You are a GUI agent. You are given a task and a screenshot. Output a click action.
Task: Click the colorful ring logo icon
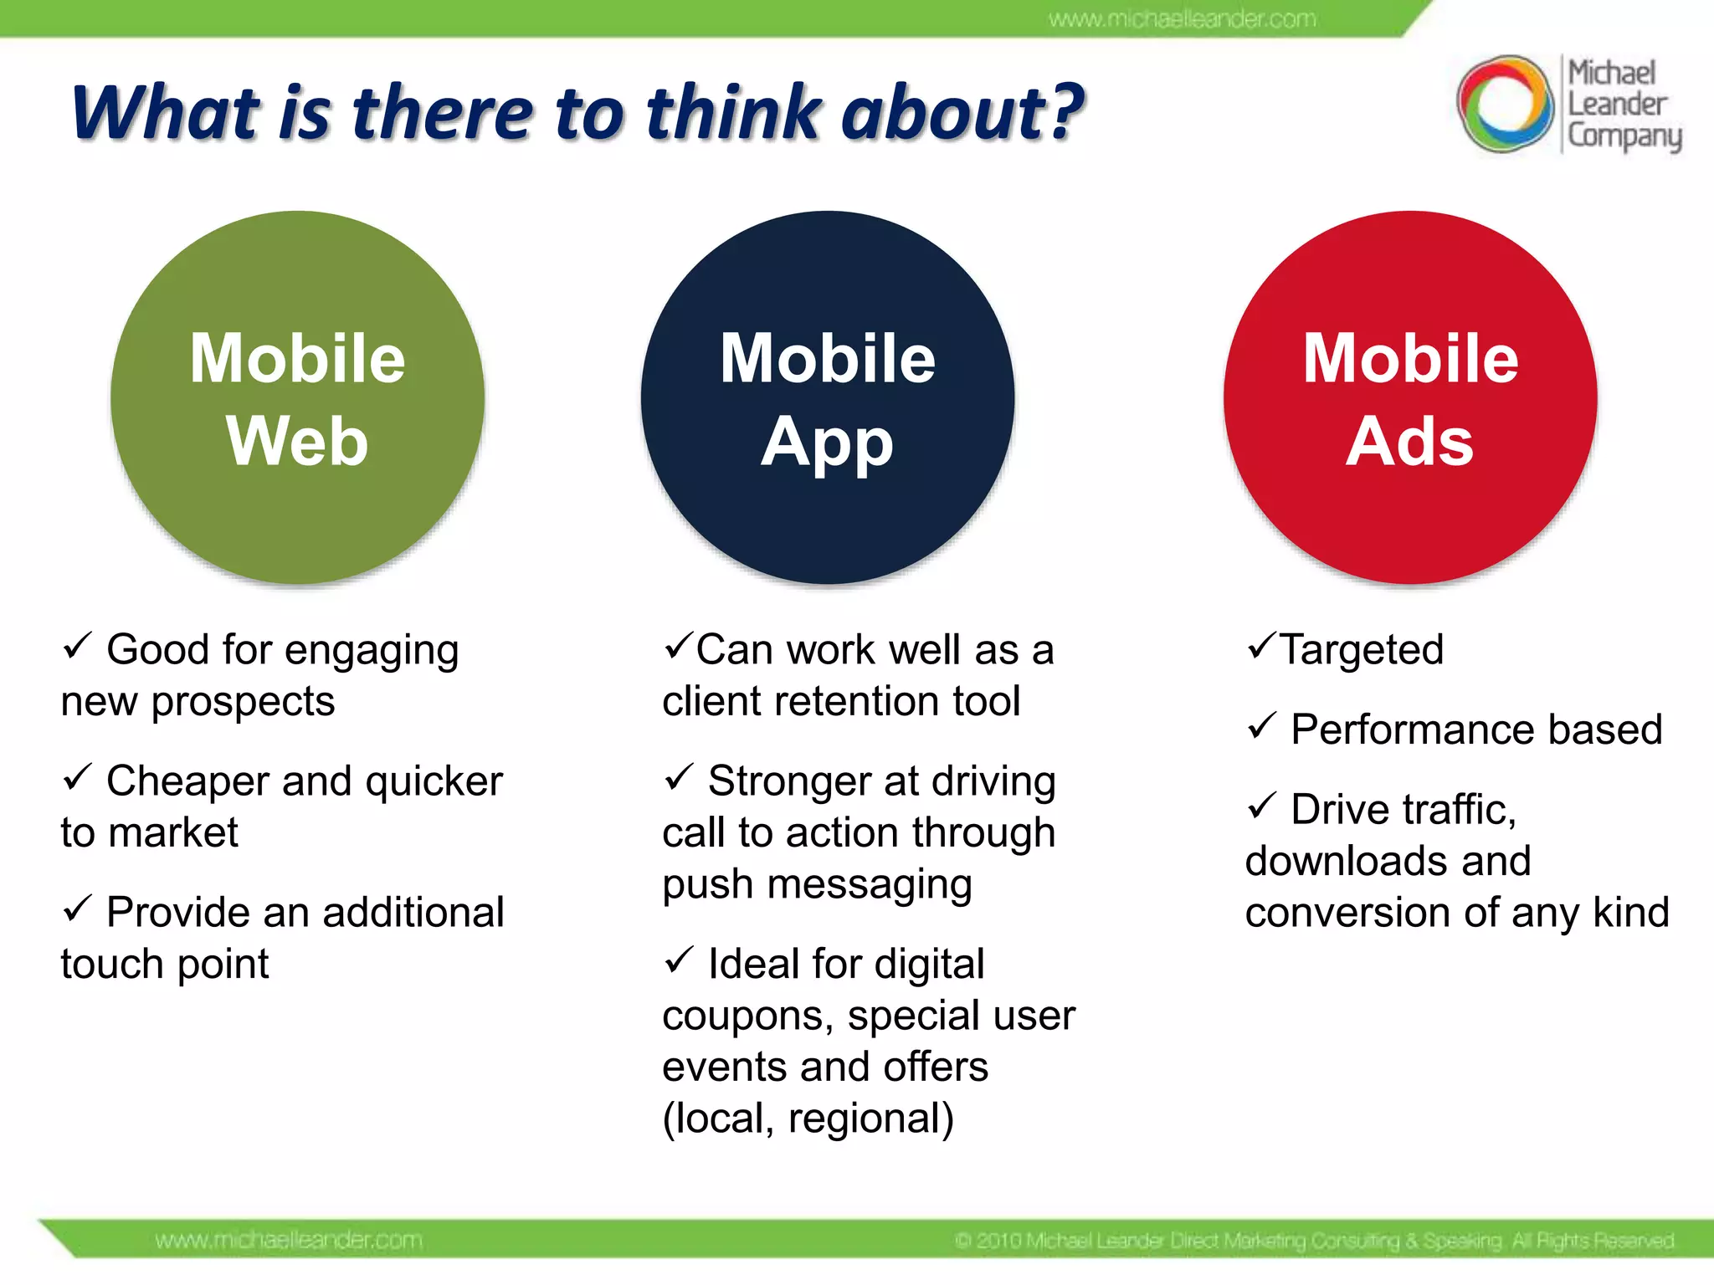[x=1504, y=104]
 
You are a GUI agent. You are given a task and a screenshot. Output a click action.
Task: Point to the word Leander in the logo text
[x=1616, y=105]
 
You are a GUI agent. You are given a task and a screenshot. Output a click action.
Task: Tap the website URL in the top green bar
[x=1183, y=18]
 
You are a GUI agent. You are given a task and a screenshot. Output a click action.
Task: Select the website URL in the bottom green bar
[x=289, y=1240]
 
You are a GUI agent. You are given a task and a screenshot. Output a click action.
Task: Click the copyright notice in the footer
[x=1314, y=1240]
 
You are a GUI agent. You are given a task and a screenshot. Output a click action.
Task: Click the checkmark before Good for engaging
[x=76, y=646]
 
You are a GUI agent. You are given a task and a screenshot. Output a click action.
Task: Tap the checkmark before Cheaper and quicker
[x=76, y=777]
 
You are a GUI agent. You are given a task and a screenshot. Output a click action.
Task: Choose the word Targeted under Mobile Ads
[x=1362, y=650]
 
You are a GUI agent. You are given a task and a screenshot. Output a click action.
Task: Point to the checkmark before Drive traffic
[x=1261, y=806]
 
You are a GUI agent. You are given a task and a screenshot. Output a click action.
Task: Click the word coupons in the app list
[x=747, y=1016]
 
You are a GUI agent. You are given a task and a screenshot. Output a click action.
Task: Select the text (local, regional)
[x=808, y=1119]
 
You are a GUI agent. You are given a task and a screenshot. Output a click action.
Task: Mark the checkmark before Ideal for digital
[x=679, y=960]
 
